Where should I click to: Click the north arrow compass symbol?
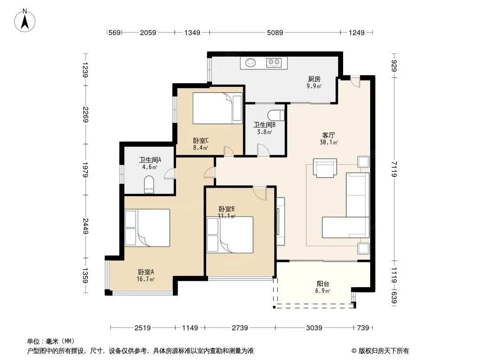25,21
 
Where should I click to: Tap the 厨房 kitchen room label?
314,79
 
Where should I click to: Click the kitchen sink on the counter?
251,63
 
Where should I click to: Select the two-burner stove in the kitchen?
274,63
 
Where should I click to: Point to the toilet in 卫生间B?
276,115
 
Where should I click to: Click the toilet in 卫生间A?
149,184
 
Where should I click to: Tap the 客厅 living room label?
328,135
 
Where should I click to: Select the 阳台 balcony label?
323,283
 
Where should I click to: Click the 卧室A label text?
146,272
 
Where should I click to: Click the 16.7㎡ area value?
145,279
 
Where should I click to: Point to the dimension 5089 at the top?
275,32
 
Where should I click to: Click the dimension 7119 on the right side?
394,169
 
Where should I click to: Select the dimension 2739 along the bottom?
240,328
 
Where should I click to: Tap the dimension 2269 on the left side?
86,115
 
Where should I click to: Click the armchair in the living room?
325,167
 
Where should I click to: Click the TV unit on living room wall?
281,221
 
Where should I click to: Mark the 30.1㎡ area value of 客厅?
328,142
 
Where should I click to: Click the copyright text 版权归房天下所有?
384,351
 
